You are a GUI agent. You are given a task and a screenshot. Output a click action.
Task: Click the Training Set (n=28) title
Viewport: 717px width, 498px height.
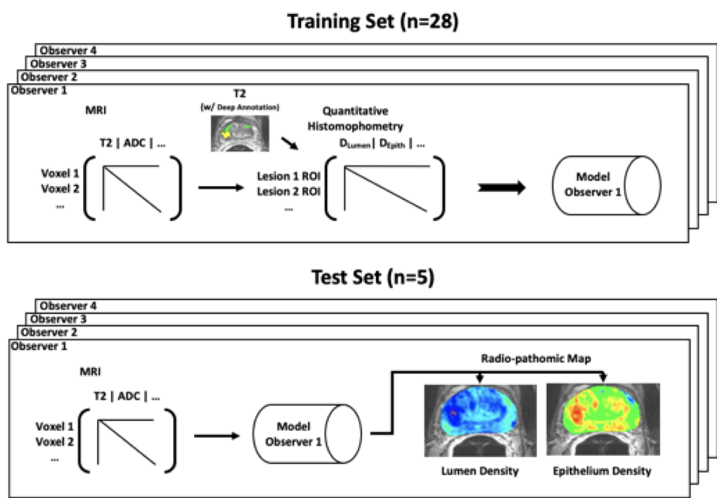pos(373,22)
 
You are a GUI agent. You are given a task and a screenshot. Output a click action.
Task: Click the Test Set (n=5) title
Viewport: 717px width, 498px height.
pos(373,277)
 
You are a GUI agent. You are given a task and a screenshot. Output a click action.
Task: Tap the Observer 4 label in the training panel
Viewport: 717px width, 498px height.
pos(68,50)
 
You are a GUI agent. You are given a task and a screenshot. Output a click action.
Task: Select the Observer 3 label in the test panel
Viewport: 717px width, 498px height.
pos(58,319)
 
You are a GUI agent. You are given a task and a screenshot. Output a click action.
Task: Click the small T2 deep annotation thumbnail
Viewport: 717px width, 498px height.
pos(240,133)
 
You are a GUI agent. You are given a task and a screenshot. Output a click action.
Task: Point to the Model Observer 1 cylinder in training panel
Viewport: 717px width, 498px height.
pos(606,185)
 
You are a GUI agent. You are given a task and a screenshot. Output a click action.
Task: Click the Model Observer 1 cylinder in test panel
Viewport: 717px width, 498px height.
pos(307,433)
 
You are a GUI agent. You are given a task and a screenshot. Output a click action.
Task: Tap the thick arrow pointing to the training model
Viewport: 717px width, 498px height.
pos(501,187)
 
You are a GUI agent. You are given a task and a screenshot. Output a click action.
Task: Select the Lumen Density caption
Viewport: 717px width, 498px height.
pos(480,471)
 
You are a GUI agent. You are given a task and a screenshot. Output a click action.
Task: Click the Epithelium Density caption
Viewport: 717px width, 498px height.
pos(602,471)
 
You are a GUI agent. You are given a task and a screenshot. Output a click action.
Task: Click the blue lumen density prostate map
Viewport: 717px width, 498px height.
pos(480,420)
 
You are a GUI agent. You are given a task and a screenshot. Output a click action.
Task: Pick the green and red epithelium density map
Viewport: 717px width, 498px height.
pos(603,419)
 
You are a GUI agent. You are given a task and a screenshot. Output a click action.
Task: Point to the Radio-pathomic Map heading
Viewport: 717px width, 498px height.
pos(536,359)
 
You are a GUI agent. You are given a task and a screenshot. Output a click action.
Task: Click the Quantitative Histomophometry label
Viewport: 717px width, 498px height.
pos(355,119)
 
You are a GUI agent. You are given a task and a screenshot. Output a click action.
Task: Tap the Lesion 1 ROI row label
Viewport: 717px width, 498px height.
pos(289,176)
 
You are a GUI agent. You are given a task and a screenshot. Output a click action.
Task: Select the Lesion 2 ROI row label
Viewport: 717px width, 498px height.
pos(289,192)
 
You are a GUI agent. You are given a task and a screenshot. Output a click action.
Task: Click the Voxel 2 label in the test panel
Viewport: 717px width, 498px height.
pos(55,442)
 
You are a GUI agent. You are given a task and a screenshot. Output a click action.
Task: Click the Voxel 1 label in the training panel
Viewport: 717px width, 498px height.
pos(60,174)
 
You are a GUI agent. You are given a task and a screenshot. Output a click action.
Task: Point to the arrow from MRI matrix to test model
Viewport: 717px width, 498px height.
pos(216,436)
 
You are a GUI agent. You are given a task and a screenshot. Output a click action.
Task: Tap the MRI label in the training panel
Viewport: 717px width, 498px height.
pos(96,110)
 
